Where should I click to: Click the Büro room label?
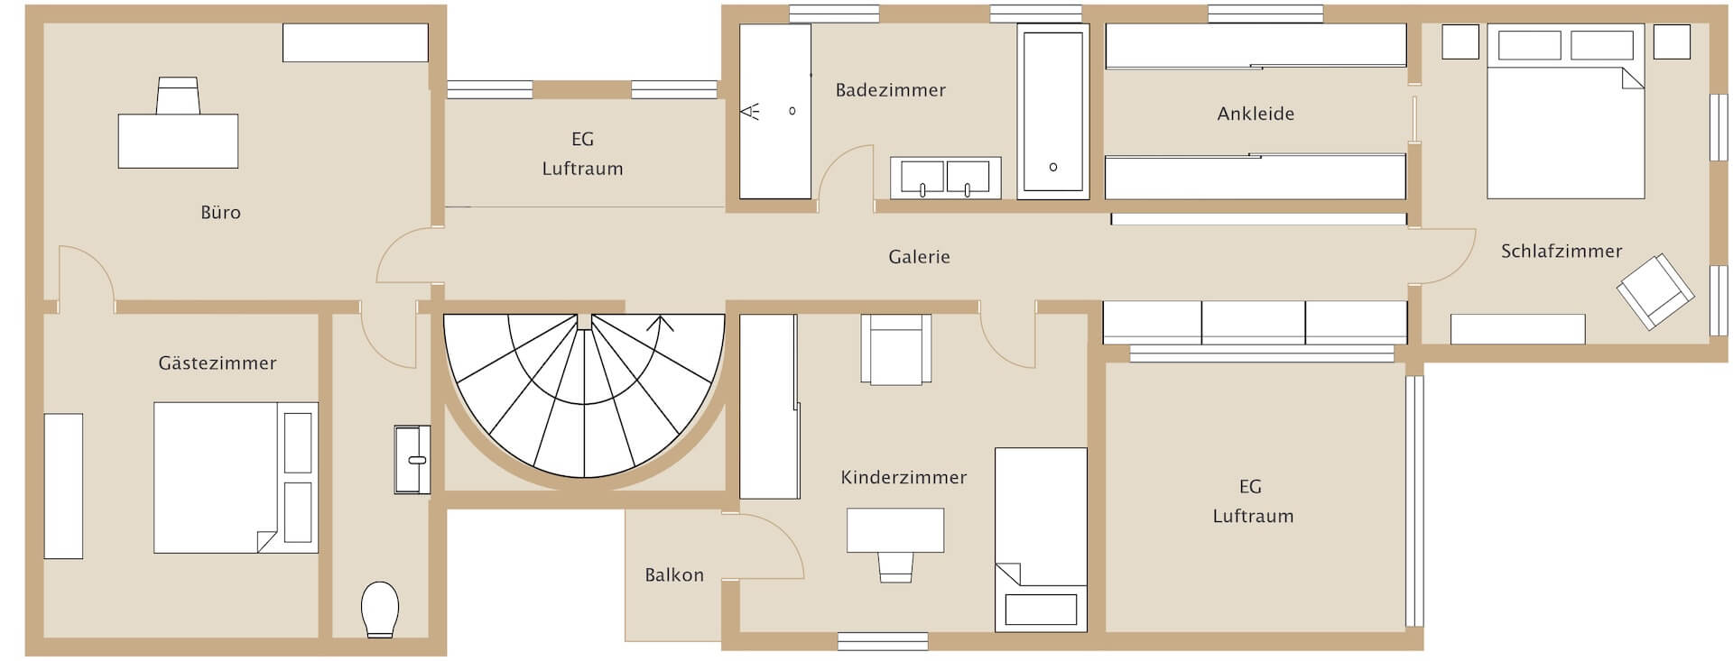[x=220, y=213]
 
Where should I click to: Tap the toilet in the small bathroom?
[x=380, y=609]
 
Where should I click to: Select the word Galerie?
[x=919, y=257]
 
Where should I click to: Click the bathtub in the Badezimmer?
[x=1052, y=112]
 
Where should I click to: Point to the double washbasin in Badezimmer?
[x=945, y=178]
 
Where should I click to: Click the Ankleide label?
[x=1256, y=115]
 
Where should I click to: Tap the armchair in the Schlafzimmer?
[x=1654, y=290]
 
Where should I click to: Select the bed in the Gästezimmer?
[x=235, y=477]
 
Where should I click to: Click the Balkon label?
[x=673, y=575]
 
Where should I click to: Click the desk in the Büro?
[x=178, y=141]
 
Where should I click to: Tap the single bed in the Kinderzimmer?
[x=1040, y=539]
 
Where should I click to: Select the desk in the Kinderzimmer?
[x=894, y=530]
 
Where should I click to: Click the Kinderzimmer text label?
[x=903, y=478]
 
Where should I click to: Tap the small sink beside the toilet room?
[x=412, y=459]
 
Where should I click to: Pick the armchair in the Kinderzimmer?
[x=895, y=350]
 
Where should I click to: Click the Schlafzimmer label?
[x=1561, y=252]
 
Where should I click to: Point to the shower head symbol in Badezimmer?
[x=750, y=112]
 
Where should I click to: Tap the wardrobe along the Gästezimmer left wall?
[x=63, y=485]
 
